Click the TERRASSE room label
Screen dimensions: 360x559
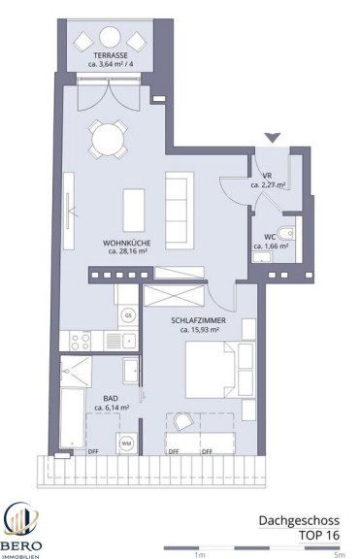tap(111, 55)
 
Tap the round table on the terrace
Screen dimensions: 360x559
tap(110, 37)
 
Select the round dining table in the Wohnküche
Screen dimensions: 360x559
tap(108, 140)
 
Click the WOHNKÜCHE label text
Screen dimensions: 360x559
tap(127, 244)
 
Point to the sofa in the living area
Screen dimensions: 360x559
tap(180, 211)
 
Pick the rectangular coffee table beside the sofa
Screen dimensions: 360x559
tap(134, 211)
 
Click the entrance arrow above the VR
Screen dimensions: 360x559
tap(273, 138)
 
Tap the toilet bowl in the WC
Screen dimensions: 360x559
tap(286, 234)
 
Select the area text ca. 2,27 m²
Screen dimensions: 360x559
tap(268, 185)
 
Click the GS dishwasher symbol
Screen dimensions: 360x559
tap(128, 315)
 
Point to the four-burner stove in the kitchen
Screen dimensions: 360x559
tap(81, 342)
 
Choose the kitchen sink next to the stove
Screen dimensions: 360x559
tap(121, 342)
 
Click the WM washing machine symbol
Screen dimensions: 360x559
tap(126, 444)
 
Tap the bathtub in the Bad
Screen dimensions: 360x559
tap(73, 418)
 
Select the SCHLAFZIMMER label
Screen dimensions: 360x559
tap(199, 320)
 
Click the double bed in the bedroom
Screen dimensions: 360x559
tap(220, 370)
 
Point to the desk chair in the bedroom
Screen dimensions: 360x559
tap(182, 421)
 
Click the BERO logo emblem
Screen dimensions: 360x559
tap(20, 521)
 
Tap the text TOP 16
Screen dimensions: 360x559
tap(319, 535)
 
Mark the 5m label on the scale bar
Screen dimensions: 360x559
tap(340, 555)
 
